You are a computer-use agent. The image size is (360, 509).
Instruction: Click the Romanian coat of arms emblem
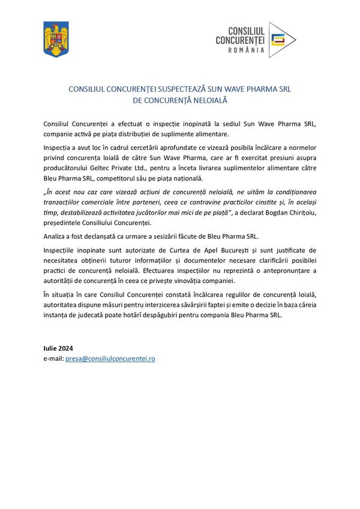click(x=56, y=40)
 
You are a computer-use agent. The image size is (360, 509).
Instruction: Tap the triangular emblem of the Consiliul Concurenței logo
click(x=281, y=40)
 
